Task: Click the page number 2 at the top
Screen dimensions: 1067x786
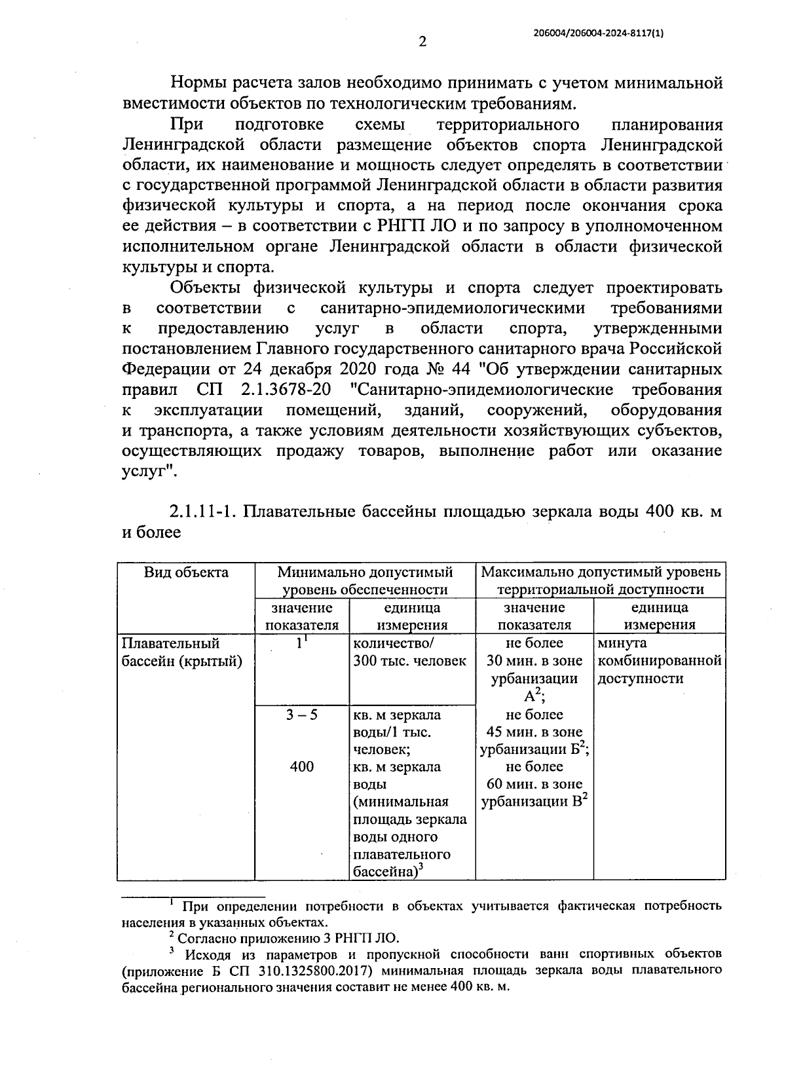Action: tap(422, 42)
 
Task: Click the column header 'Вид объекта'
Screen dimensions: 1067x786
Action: tap(186, 572)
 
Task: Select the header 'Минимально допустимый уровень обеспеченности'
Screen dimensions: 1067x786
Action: tap(365, 581)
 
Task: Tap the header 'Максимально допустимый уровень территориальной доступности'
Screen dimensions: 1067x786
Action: tap(600, 581)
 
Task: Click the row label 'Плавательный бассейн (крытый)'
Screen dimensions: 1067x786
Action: tap(182, 652)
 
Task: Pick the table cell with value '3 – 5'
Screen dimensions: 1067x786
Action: tap(301, 715)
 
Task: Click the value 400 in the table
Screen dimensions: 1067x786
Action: tap(301, 766)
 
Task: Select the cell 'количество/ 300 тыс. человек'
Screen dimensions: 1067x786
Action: tap(409, 652)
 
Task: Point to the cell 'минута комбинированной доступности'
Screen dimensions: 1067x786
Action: tap(658, 661)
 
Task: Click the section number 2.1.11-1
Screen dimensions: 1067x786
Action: tap(202, 512)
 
